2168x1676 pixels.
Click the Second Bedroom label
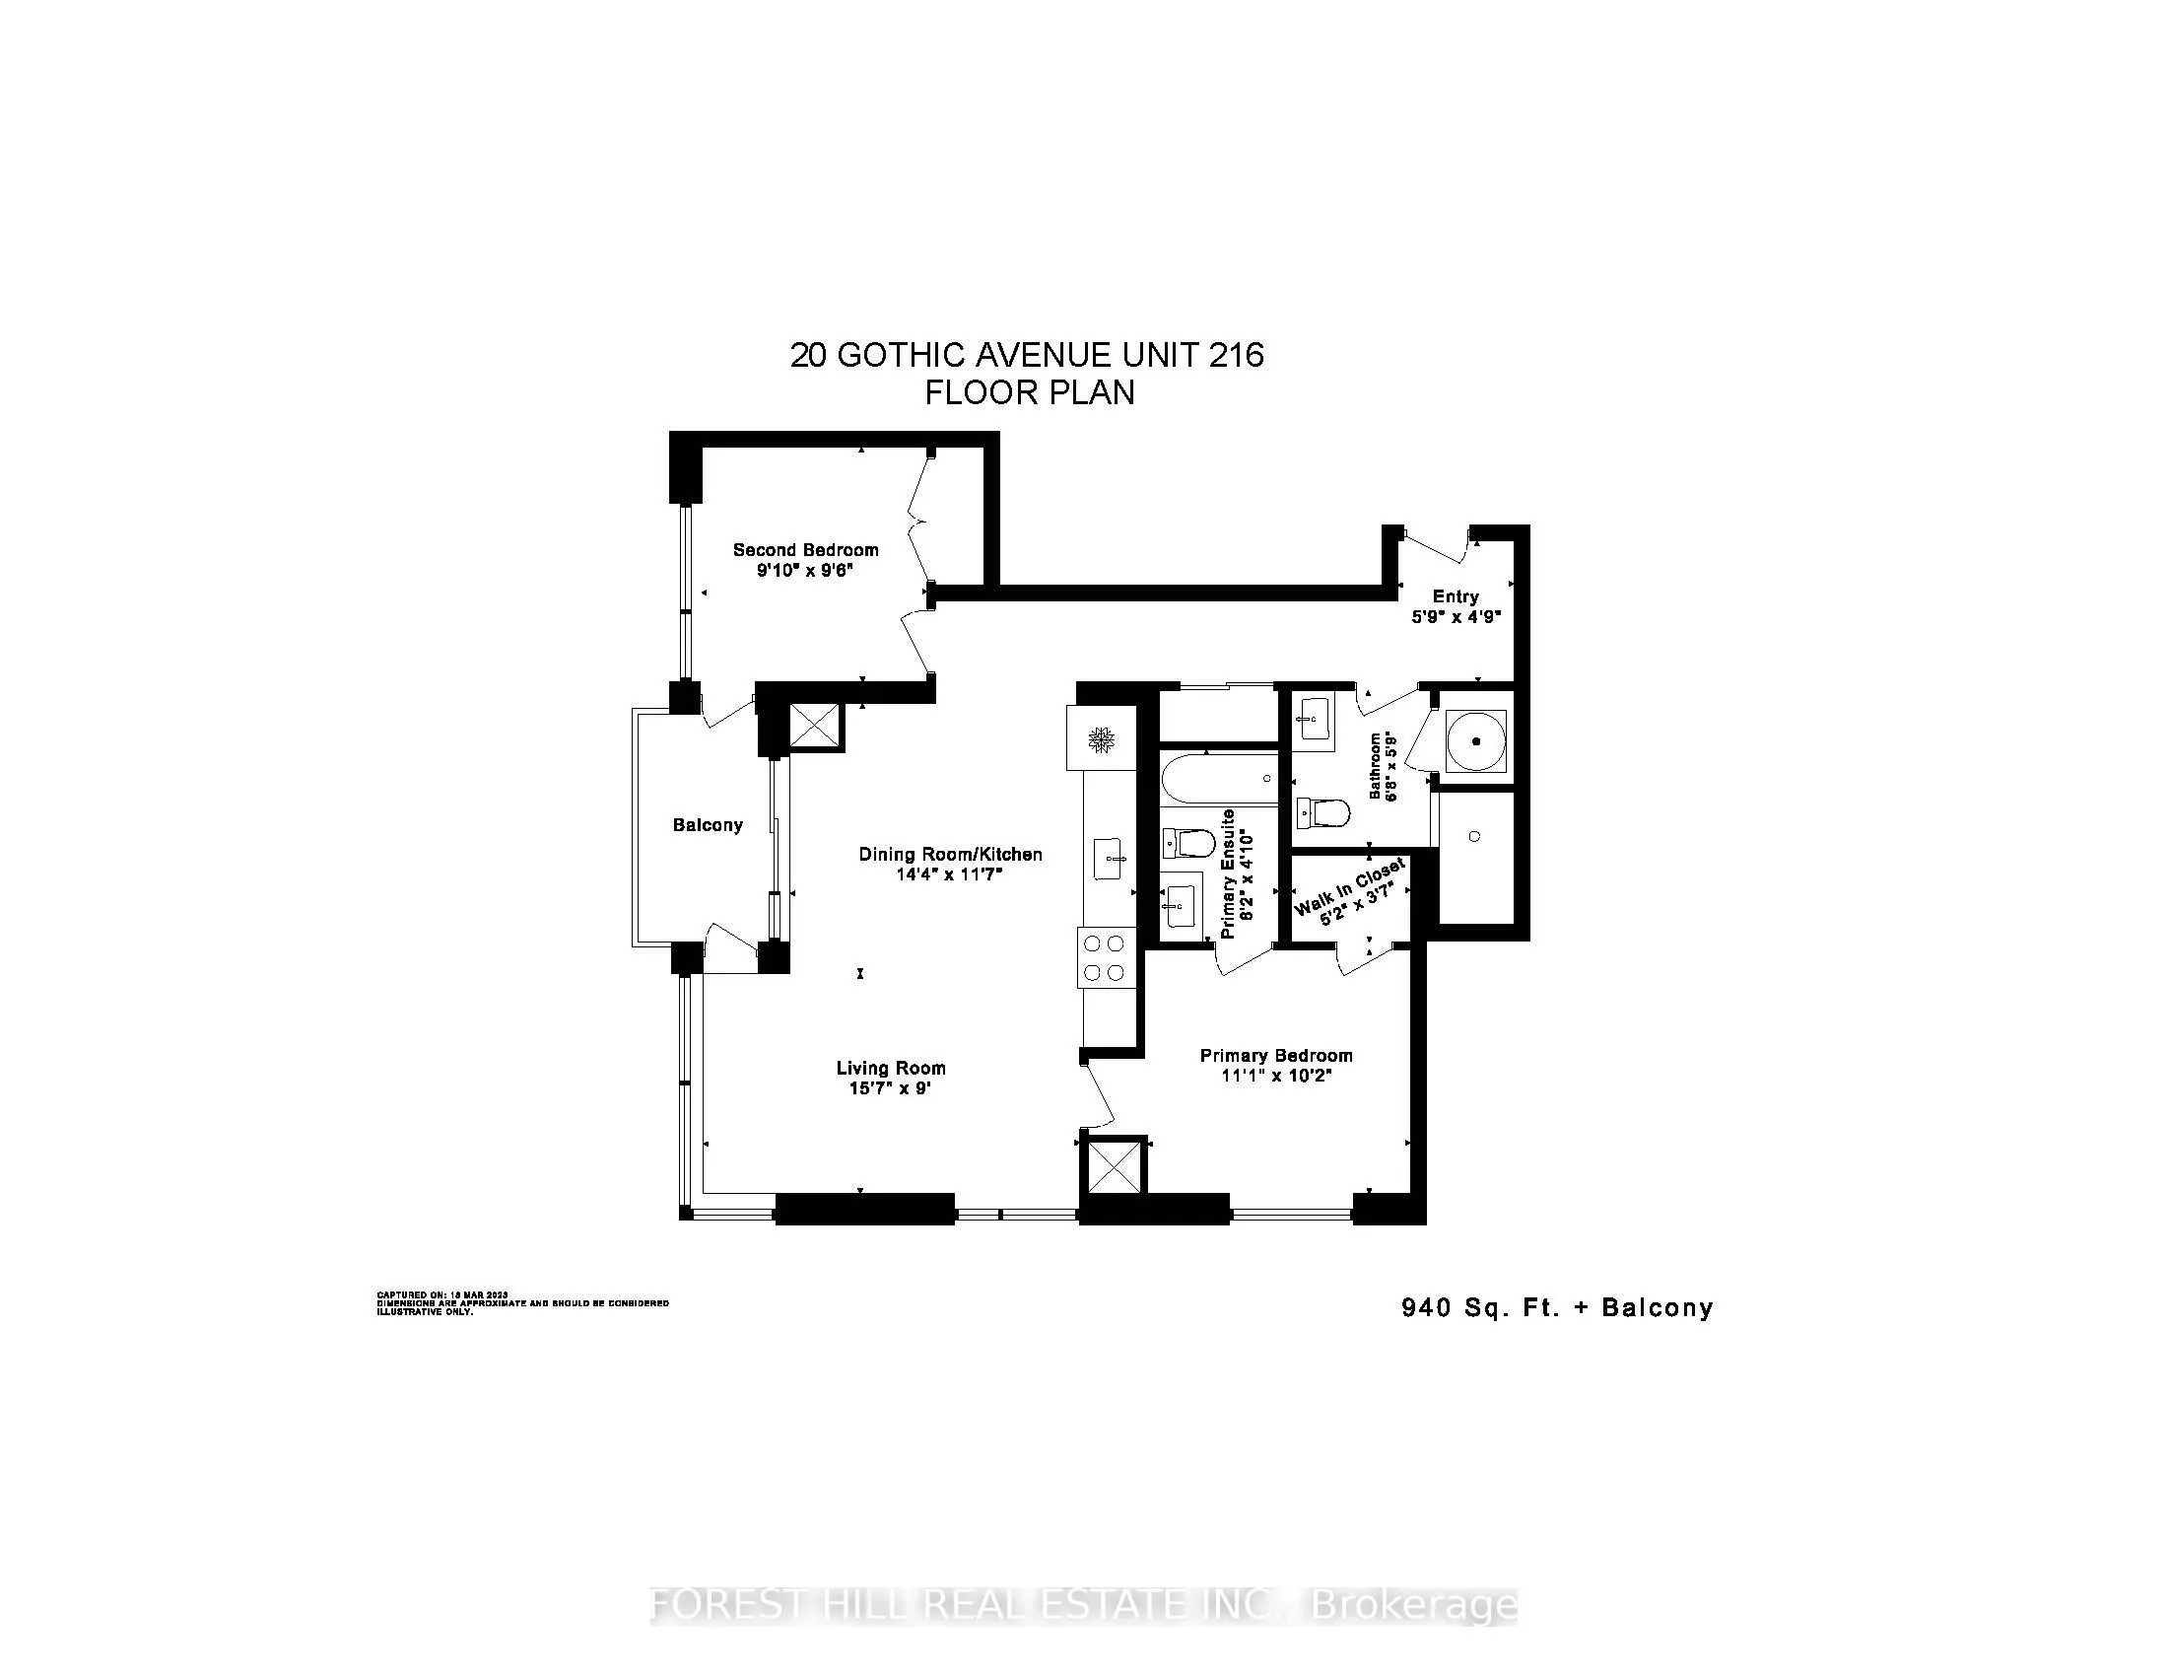coord(805,549)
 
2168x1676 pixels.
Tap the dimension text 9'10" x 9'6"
coord(805,571)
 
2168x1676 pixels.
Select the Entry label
coord(1456,595)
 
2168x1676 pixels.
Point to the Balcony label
coord(707,825)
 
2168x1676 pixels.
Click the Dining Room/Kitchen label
coord(950,854)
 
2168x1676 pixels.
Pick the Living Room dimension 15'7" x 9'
coord(890,1088)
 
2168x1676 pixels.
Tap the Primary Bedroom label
coord(1275,1056)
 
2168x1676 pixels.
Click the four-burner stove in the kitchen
coord(1105,957)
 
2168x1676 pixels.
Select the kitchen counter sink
coord(1110,859)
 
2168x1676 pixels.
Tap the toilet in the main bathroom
coord(1323,814)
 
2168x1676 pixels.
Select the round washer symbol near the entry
coord(1476,740)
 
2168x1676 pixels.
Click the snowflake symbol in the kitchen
coord(1100,738)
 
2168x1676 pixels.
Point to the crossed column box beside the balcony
coord(814,725)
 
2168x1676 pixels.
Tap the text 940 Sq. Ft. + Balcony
coord(1556,1307)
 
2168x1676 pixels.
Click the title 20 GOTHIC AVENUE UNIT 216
coord(1027,355)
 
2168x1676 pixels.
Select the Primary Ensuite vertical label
coord(1228,873)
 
